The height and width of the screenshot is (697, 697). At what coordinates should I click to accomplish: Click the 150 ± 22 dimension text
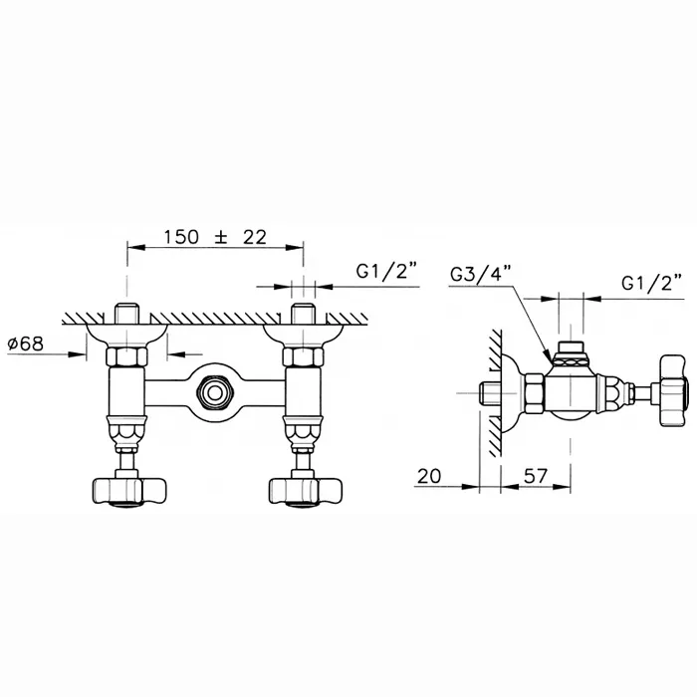pyautogui.click(x=215, y=237)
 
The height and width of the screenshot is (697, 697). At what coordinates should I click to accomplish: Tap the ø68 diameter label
pyautogui.click(x=26, y=344)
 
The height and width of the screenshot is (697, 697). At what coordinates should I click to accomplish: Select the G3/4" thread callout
pyautogui.click(x=481, y=275)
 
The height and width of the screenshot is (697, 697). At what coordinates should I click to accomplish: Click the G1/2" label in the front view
pyautogui.click(x=387, y=271)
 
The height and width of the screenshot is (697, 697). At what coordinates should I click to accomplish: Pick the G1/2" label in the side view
pyautogui.click(x=652, y=283)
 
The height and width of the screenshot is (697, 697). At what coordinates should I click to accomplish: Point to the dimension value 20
pyautogui.click(x=429, y=476)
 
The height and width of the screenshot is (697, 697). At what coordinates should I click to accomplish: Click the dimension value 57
pyautogui.click(x=535, y=476)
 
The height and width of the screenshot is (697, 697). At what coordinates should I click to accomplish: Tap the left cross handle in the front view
pyautogui.click(x=128, y=491)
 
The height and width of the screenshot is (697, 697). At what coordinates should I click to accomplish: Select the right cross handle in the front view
pyautogui.click(x=306, y=491)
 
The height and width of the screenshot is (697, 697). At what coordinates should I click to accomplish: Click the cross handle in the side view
pyautogui.click(x=676, y=390)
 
